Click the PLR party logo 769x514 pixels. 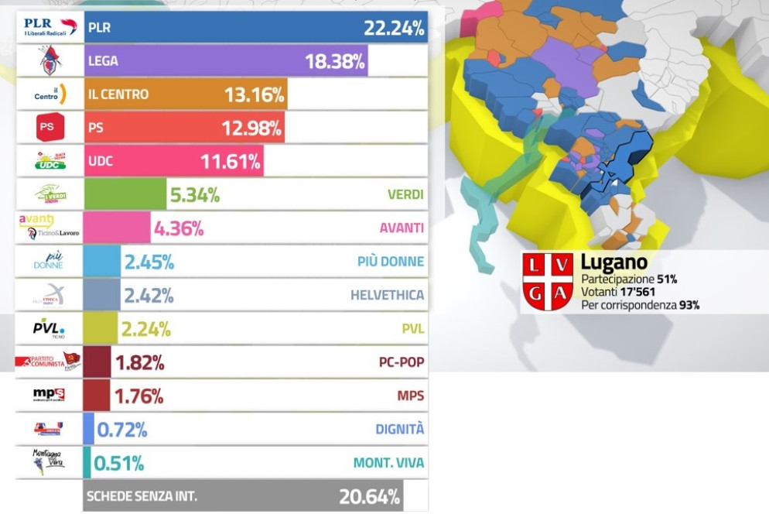(x=50, y=27)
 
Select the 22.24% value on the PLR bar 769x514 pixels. (x=394, y=29)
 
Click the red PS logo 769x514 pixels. (x=50, y=127)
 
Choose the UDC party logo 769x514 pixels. (x=50, y=160)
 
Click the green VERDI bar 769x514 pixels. (x=124, y=194)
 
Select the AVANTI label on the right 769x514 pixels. (x=402, y=228)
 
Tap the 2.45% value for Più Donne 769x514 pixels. (x=149, y=262)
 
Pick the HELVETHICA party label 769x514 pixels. (x=387, y=295)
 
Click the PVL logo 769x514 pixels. (x=49, y=328)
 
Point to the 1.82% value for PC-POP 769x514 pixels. (x=139, y=362)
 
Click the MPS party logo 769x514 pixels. (x=49, y=395)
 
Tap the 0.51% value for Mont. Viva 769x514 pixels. (x=119, y=463)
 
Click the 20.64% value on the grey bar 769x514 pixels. (x=369, y=496)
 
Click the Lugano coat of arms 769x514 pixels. (x=548, y=282)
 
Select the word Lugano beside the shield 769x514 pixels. (x=613, y=262)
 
